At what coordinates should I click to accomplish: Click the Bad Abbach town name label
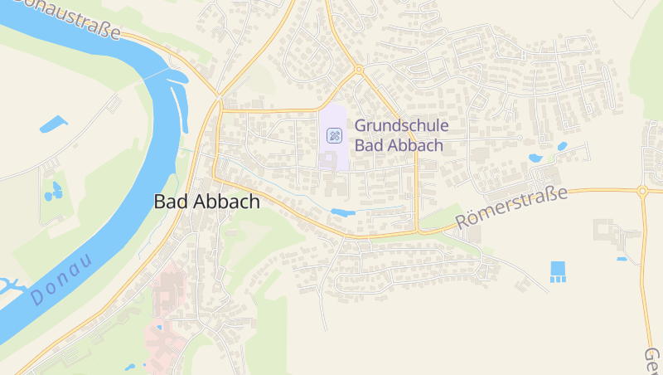pos(207,202)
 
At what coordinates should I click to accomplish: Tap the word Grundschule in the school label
pos(402,125)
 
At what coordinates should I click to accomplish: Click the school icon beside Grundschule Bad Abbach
pos(334,135)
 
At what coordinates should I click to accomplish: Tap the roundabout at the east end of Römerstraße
pos(641,191)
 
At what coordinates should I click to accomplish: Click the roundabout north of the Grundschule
pos(359,70)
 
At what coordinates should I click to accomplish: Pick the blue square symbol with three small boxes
pos(558,271)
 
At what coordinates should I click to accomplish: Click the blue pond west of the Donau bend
pos(53,124)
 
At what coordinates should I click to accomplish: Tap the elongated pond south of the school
pos(342,212)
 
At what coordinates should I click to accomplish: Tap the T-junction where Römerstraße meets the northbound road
pos(417,230)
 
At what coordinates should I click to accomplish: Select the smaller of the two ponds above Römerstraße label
pos(562,147)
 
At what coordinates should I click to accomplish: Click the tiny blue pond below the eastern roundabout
pos(622,259)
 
